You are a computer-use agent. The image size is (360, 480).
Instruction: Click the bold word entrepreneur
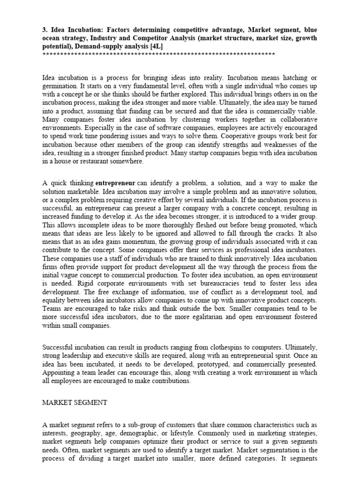point(115,183)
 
